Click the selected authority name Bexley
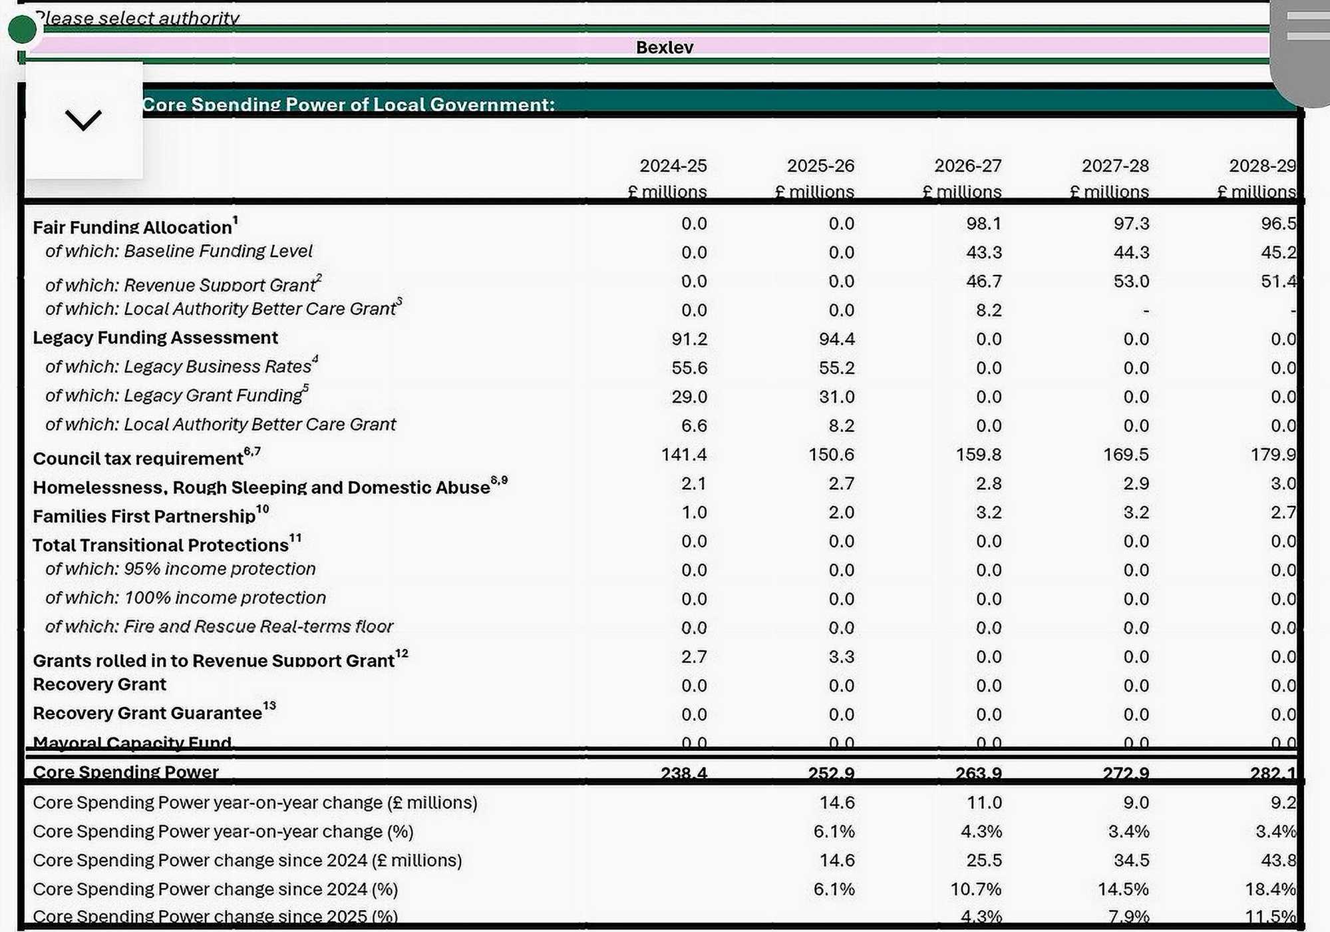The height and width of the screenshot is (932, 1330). (x=664, y=47)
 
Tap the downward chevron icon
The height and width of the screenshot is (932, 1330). (x=83, y=120)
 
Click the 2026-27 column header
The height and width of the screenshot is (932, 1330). (x=967, y=165)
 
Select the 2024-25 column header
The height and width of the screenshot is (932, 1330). (x=673, y=165)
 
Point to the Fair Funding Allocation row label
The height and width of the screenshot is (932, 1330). (x=132, y=227)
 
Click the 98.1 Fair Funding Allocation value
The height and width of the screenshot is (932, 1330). (x=983, y=224)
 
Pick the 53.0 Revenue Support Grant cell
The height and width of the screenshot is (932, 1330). (x=1131, y=282)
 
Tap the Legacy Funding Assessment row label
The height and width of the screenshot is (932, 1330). (x=155, y=338)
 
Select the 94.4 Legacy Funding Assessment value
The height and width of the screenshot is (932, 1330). (x=836, y=339)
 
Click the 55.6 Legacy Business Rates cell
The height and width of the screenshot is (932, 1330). (x=689, y=368)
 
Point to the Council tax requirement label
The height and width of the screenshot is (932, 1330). (x=138, y=458)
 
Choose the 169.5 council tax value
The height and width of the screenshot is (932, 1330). (x=1126, y=455)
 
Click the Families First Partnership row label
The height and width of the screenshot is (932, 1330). (x=144, y=516)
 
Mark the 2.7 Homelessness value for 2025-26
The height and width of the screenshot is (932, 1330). (x=841, y=483)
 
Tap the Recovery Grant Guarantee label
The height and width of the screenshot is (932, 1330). (x=148, y=713)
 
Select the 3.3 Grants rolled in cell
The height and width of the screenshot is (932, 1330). (x=841, y=657)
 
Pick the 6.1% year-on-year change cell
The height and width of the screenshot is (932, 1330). (x=834, y=831)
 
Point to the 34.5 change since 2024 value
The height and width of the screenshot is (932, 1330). (x=1131, y=860)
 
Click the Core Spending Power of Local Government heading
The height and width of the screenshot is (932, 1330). (x=348, y=105)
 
